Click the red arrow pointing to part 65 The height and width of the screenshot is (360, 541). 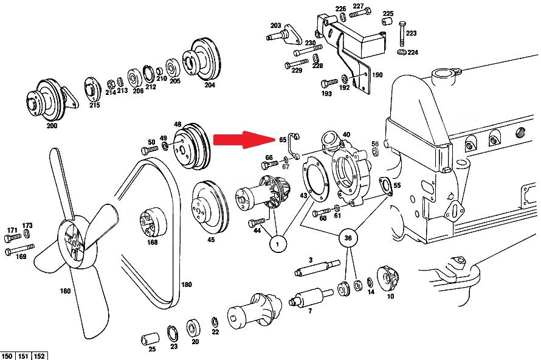[x=244, y=139]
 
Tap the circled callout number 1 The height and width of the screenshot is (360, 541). [x=278, y=244]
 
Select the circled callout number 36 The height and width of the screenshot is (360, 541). [x=348, y=238]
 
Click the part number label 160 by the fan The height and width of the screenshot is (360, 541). [x=65, y=291]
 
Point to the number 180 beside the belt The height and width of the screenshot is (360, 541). [x=187, y=285]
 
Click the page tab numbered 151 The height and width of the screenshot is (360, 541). [x=23, y=356]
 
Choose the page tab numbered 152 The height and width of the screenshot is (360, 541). [x=40, y=356]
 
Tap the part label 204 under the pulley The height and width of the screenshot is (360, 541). [x=210, y=85]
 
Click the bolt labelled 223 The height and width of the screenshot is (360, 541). [x=402, y=34]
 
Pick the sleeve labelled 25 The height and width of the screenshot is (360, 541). [x=150, y=339]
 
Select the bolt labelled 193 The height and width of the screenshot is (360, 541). [x=329, y=83]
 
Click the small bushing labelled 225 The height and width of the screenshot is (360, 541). [x=387, y=21]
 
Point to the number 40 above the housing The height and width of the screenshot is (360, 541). [x=346, y=134]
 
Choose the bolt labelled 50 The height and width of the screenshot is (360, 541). [x=150, y=150]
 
